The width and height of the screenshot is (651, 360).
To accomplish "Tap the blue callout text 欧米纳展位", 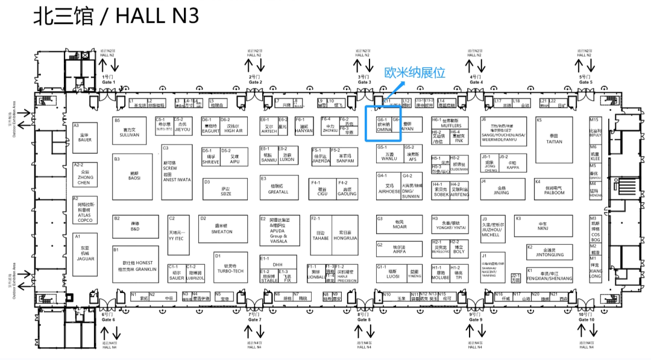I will click(x=415, y=73).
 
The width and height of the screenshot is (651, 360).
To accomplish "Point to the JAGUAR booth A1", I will click(x=85, y=248).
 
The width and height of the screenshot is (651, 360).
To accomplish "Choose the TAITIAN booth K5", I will click(x=554, y=139).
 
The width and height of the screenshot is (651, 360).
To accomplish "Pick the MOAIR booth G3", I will click(x=399, y=224).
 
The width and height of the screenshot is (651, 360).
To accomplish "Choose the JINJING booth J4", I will click(x=501, y=190).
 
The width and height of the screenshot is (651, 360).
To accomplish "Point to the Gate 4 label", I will click(x=476, y=80).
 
